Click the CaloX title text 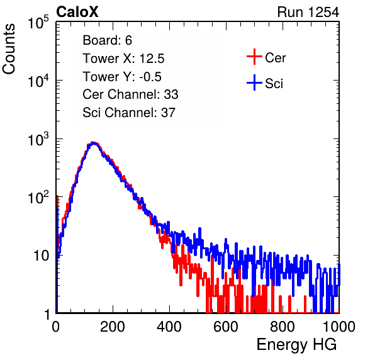[77, 12]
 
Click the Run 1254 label [308, 12]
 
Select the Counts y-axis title [9, 49]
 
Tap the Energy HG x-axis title [296, 345]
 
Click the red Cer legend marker [254, 57]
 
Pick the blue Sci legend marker [254, 83]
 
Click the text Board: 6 [108, 40]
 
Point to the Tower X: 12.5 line [123, 59]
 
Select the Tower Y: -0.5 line [122, 77]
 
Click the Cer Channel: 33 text [130, 94]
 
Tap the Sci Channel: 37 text [129, 113]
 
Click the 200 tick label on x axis [113, 327]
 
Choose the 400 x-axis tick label [169, 327]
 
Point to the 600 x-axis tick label [226, 327]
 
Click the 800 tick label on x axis [283, 327]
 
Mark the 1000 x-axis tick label [339, 327]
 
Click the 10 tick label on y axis [41, 256]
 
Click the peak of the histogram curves [94, 143]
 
